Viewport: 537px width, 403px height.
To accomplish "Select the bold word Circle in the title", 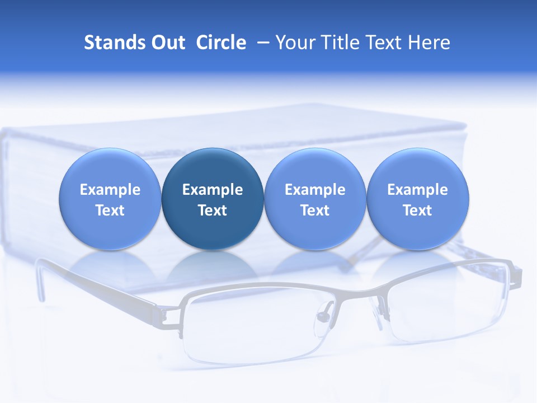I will pos(221,43).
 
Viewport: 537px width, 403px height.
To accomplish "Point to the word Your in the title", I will pos(295,43).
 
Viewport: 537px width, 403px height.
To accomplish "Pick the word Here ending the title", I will pos(429,43).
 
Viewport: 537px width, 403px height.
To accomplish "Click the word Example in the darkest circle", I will pos(213,190).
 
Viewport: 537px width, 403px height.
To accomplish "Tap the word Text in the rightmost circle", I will pos(418,210).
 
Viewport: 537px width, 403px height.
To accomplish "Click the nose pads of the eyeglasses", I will pos(323,316).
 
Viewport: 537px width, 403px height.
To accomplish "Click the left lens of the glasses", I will pos(252,330).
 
